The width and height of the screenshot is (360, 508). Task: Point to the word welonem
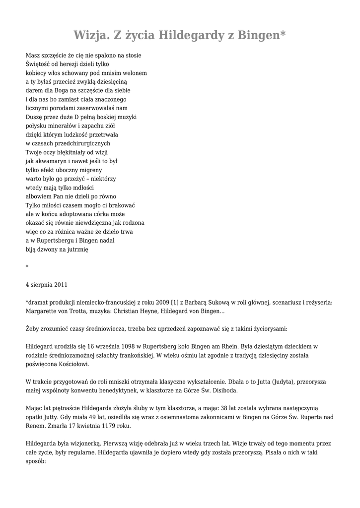point(135,73)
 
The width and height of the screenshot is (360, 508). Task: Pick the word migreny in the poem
point(89,170)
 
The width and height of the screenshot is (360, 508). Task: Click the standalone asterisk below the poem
point(27,267)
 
